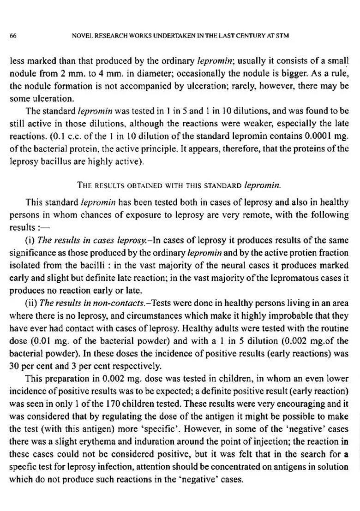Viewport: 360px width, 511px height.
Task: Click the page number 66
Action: coord(13,36)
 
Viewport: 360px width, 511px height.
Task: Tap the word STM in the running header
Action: coord(282,36)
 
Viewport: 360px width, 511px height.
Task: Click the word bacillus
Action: coord(49,161)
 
